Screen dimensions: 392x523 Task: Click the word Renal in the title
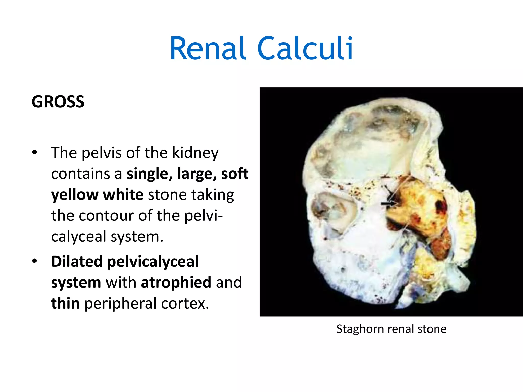[x=208, y=48]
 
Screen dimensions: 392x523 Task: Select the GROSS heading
[x=58, y=102]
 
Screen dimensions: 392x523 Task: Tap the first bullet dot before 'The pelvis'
[x=35, y=153]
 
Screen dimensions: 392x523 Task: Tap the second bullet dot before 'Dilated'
[x=35, y=261]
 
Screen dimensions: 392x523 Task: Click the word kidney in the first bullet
[x=195, y=153]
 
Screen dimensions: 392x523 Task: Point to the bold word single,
[x=149, y=174]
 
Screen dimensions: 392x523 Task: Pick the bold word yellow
[x=75, y=195]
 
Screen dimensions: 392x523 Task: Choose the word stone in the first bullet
[x=167, y=195]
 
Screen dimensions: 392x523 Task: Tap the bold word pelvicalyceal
[x=153, y=262]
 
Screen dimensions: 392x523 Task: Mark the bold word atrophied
[x=176, y=282]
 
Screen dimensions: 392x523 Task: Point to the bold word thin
[x=65, y=303]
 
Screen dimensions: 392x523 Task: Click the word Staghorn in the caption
[x=356, y=329]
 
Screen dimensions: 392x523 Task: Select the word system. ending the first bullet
[x=137, y=237]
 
